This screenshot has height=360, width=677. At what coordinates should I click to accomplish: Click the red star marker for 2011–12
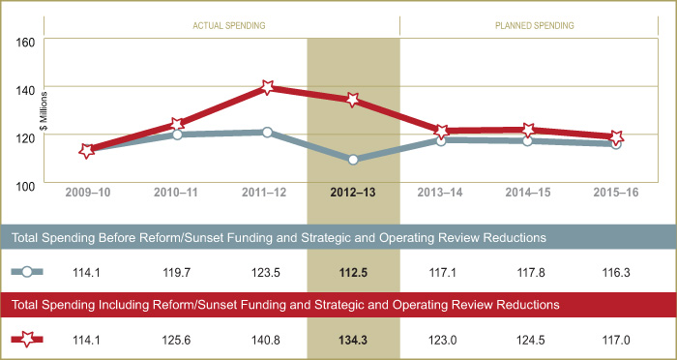266,87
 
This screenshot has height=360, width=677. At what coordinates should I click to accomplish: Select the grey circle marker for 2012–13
353,159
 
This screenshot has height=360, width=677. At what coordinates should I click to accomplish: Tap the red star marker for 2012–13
353,100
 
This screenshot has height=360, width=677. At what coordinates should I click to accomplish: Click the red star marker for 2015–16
616,137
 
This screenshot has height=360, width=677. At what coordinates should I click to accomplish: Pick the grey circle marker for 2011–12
266,132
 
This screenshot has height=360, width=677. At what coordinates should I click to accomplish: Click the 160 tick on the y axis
25,43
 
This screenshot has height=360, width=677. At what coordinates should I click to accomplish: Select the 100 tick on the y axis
25,186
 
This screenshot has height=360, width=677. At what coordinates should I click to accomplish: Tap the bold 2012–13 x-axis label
353,193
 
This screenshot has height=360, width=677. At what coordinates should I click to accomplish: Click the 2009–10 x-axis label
88,193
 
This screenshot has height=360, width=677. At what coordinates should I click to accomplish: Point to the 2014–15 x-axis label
528,193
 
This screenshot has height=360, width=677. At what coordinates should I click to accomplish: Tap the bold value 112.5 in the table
353,273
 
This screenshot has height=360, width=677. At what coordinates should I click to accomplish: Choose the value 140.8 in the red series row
266,339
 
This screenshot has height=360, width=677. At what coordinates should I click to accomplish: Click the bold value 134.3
353,339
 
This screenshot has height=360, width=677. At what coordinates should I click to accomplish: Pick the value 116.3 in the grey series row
615,273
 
